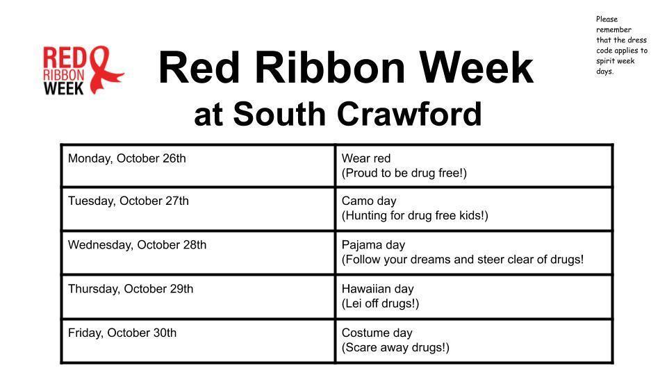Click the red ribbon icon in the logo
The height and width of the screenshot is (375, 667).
click(106, 69)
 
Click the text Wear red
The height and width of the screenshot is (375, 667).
click(366, 158)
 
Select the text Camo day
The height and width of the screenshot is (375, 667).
click(369, 201)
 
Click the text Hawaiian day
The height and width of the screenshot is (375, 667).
click(378, 289)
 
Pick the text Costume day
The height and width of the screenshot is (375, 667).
click(377, 333)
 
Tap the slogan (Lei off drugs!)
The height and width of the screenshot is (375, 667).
click(381, 303)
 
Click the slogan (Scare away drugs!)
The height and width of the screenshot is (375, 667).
click(395, 347)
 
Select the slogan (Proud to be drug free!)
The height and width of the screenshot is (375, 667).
click(404, 173)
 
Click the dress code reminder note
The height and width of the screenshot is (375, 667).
click(621, 45)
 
